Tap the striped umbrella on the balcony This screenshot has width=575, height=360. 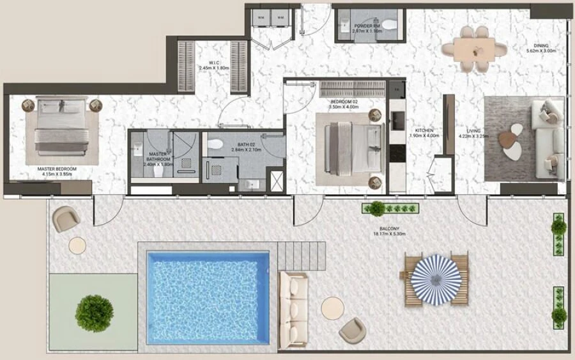pos(434,273)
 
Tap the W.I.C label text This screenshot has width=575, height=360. pos(205,64)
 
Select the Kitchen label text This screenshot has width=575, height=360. pos(424,132)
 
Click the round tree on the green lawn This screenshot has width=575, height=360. pos(95,313)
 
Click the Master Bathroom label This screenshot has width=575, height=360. pos(158,158)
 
